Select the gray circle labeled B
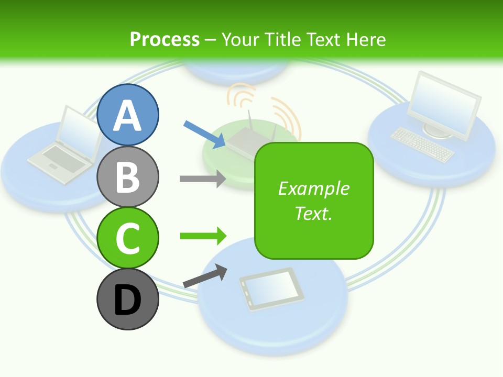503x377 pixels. pos(127,176)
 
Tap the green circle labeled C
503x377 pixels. pos(127,238)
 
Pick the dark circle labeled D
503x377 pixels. pos(127,300)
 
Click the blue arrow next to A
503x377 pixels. pos(204,133)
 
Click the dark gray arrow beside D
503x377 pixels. pos(205,276)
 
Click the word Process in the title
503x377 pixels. pos(165,39)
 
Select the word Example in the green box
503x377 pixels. pos(313,188)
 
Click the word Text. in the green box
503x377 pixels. pos(313,213)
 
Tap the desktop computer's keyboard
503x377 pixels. pos(422,143)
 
